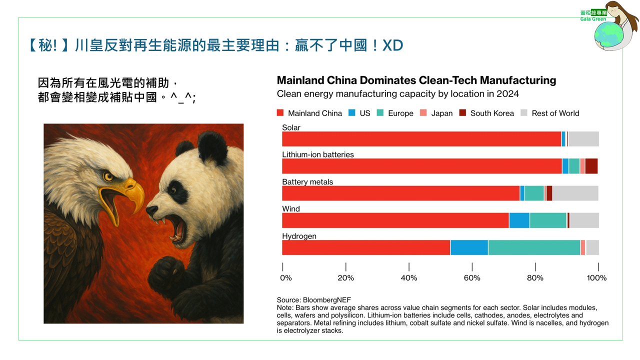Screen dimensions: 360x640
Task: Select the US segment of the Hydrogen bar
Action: pyautogui.click(x=469, y=247)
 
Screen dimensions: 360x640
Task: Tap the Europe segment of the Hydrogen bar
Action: pyautogui.click(x=534, y=247)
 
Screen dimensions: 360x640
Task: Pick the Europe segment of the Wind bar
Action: pyautogui.click(x=548, y=220)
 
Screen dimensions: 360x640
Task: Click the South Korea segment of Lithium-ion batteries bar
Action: pyautogui.click(x=591, y=166)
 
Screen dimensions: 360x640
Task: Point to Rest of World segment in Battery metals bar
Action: pyautogui.click(x=575, y=193)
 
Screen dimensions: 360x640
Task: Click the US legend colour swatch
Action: pyautogui.click(x=352, y=113)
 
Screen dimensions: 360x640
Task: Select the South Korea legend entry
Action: pyautogui.click(x=492, y=113)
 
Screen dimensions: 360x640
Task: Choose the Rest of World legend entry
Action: pyautogui.click(x=555, y=113)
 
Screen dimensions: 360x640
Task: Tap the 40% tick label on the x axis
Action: pyautogui.click(x=409, y=277)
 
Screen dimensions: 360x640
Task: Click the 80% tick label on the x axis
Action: pyautogui.click(x=535, y=277)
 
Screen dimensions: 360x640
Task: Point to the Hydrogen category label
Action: pyautogui.click(x=299, y=236)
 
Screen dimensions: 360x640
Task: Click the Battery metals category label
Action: pyautogui.click(x=307, y=181)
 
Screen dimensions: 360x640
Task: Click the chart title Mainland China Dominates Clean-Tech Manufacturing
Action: pyautogui.click(x=416, y=80)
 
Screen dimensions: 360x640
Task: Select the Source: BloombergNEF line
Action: pyautogui.click(x=313, y=300)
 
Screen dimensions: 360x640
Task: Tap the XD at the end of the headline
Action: pyautogui.click(x=392, y=45)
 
